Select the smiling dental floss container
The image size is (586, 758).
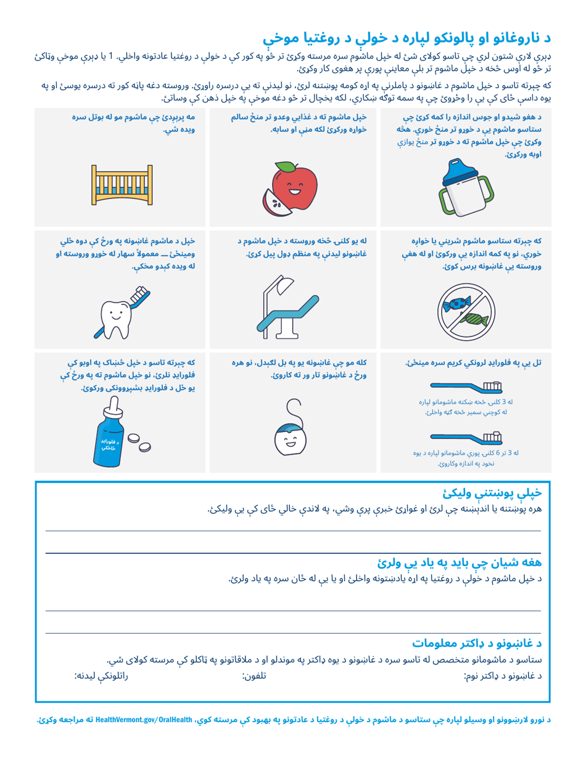coord(290,436)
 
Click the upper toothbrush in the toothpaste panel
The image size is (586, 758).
coord(466,388)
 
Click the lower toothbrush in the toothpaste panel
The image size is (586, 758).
coord(466,438)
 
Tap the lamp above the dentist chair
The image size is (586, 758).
coord(284,283)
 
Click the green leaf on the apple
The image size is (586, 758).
coord(286,166)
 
